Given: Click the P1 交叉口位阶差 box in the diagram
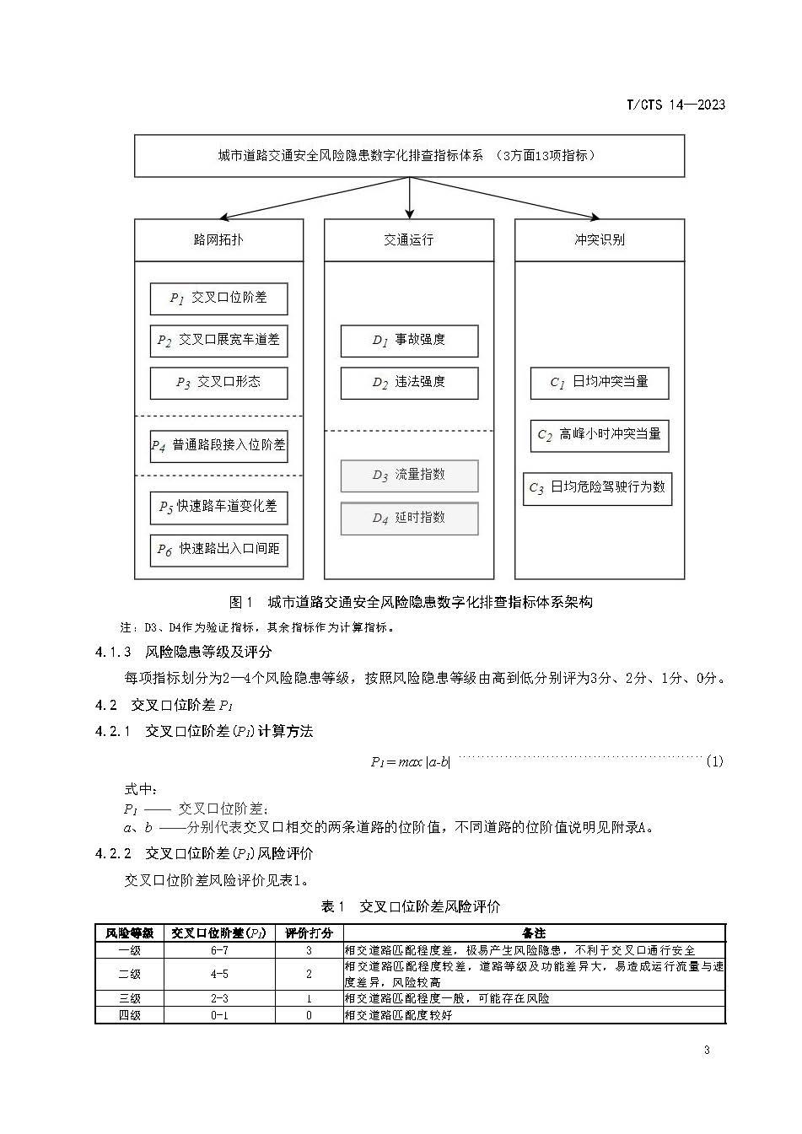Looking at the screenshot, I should (218, 298).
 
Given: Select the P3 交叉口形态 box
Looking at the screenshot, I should (218, 383).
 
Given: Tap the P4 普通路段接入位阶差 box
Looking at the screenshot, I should (218, 445).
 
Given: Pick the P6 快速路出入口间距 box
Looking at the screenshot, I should (218, 550).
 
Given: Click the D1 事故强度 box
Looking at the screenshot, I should (409, 341).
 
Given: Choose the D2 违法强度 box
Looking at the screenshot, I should (409, 383).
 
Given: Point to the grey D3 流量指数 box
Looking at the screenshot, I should (409, 476).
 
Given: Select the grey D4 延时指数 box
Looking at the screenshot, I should (409, 519).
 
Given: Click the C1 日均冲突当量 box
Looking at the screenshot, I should (600, 383).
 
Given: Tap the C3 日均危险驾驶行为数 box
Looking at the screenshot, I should (597, 488).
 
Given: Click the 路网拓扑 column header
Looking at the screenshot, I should (218, 240).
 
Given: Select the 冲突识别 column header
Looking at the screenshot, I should (600, 240).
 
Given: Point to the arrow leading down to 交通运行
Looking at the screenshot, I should (409, 199).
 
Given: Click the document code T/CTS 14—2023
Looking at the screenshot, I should (676, 105).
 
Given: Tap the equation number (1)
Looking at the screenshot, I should (714, 762).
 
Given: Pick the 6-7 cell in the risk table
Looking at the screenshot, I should (219, 950).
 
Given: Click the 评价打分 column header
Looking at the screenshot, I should (309, 933).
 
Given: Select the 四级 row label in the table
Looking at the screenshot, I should (129, 1015).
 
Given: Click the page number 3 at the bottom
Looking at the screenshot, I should (707, 1051).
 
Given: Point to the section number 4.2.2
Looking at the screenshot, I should (112, 854).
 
